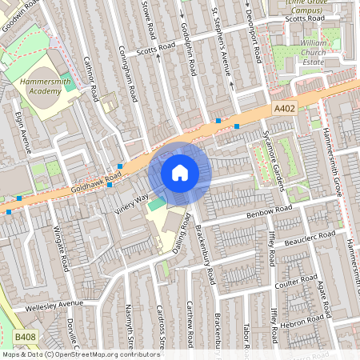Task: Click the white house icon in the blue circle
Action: click(180, 172)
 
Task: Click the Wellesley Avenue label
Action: click(54, 304)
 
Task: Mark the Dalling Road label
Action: click(180, 232)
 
